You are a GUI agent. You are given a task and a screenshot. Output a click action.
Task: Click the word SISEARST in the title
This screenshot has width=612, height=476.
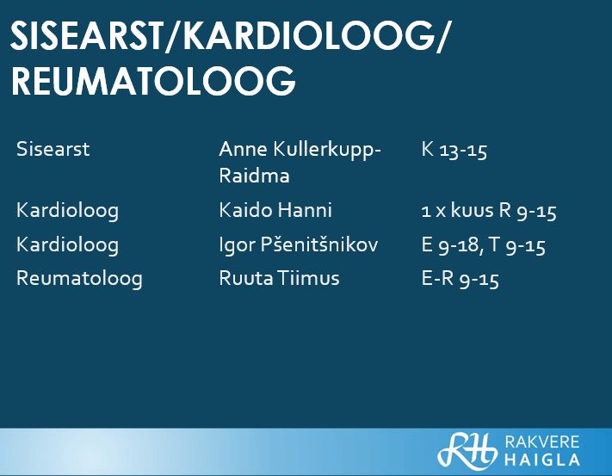pos(86,35)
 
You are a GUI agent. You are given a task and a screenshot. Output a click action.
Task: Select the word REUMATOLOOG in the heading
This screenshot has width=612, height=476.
pos(153,81)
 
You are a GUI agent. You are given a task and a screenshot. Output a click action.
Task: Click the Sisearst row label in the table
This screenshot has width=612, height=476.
pos(53,149)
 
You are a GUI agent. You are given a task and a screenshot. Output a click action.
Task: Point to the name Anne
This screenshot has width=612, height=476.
pos(243,149)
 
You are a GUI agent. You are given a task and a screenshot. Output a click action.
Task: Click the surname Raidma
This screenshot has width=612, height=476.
pos(254,176)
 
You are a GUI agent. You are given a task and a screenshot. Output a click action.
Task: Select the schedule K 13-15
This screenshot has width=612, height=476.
pos(454,150)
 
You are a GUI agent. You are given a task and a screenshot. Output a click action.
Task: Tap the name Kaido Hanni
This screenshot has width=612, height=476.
pos(275,210)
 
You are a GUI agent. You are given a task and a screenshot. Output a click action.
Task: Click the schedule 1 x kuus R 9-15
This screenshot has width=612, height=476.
pos(489,211)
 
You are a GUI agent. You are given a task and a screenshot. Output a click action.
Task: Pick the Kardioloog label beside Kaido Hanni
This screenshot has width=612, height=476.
pos(67,211)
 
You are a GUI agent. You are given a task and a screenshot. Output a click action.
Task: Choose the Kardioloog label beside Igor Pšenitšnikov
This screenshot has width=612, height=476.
pos(67,245)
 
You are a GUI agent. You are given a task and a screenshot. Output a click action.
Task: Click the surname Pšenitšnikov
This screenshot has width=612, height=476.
pos(319,244)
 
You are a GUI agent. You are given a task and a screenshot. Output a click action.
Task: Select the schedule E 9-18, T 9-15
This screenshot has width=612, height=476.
pos(483,245)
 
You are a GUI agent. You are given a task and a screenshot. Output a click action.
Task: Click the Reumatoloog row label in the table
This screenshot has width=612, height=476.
pos(79,279)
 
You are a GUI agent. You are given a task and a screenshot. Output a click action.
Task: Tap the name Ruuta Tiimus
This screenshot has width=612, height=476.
pos(279,278)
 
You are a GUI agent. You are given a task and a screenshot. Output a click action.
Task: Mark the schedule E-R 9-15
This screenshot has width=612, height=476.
pos(461,279)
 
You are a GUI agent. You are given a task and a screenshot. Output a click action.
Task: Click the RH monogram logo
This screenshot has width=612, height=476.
pos(467,450)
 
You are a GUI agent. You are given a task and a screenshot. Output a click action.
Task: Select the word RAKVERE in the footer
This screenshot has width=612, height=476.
pos(542,442)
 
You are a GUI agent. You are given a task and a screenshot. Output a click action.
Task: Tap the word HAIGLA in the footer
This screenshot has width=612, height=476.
pos(542,460)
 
